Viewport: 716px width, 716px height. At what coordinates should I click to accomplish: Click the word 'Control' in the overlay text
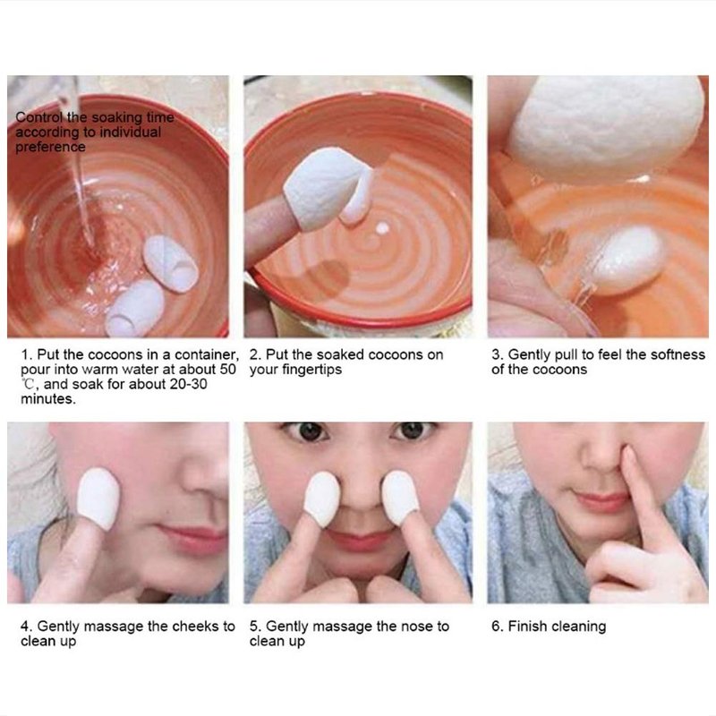click(x=39, y=117)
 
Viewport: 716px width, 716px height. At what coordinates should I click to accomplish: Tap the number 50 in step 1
click(x=227, y=369)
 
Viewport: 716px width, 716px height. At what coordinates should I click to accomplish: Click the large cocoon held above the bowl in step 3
click(x=606, y=124)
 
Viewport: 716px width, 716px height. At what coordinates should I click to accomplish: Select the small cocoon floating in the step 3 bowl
click(x=626, y=260)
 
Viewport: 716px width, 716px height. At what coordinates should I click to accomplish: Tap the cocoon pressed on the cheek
click(x=98, y=498)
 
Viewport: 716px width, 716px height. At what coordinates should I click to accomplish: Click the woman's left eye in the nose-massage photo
click(x=413, y=431)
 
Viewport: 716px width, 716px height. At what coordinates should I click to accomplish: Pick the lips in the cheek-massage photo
click(x=193, y=539)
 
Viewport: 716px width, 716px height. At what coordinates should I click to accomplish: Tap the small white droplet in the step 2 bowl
click(x=383, y=228)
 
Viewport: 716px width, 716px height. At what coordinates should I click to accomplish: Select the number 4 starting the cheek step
click(x=25, y=626)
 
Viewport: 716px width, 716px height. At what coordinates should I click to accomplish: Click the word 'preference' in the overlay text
click(x=50, y=147)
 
